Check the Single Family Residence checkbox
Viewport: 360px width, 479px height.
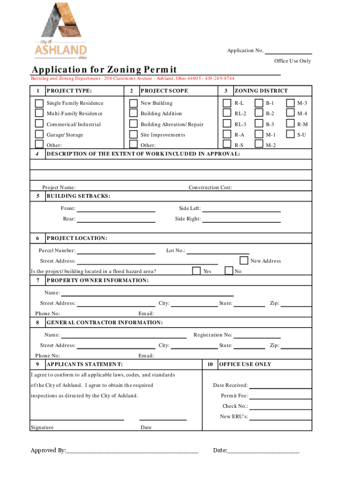click(x=40, y=103)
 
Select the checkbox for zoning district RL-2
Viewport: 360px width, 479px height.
click(x=227, y=114)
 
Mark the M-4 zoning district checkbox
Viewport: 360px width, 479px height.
click(x=290, y=114)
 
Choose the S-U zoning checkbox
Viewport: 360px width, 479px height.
click(x=290, y=135)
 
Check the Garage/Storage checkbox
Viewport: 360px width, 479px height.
click(x=40, y=135)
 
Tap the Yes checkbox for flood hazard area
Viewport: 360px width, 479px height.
click(x=197, y=271)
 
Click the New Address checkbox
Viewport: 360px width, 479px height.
click(x=244, y=261)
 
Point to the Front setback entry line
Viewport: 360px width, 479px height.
click(x=115, y=210)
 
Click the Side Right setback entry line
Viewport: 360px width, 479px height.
click(x=241, y=221)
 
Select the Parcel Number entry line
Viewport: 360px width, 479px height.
click(x=115, y=253)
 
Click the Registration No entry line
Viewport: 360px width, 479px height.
click(x=257, y=337)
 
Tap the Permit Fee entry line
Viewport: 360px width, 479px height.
click(x=281, y=398)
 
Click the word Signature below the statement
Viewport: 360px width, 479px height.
click(x=42, y=428)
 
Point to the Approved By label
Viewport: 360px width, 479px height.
click(x=48, y=450)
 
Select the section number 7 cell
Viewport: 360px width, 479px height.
click(x=37, y=281)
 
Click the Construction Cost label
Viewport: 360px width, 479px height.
click(x=210, y=188)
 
